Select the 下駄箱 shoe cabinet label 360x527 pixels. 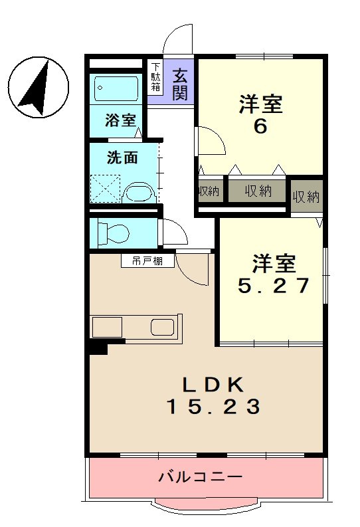coord(155,78)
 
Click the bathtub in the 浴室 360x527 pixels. coord(116,87)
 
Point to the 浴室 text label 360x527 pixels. coord(120,121)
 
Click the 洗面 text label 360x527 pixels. coord(123,158)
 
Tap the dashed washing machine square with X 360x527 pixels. coord(104,187)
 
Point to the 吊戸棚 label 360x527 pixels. coord(148,261)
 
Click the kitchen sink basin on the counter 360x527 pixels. coord(162,328)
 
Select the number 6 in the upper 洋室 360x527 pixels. coord(260,126)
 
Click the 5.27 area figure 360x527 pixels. coord(274,285)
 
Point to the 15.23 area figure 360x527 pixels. coord(212,406)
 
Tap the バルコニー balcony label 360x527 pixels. coord(200,476)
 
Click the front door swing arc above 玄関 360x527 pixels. coord(178,39)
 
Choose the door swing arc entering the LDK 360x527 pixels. coord(193,272)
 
